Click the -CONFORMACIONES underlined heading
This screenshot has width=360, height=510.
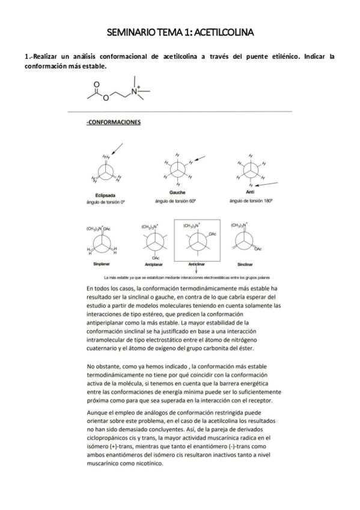tap(114, 122)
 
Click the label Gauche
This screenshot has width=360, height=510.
tap(177, 192)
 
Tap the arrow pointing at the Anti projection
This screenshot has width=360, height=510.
tap(272, 183)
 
